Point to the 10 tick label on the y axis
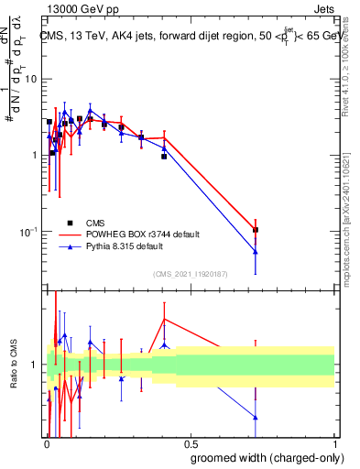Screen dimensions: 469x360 click(x=31, y=79)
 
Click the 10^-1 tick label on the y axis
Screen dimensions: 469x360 click(x=28, y=232)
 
